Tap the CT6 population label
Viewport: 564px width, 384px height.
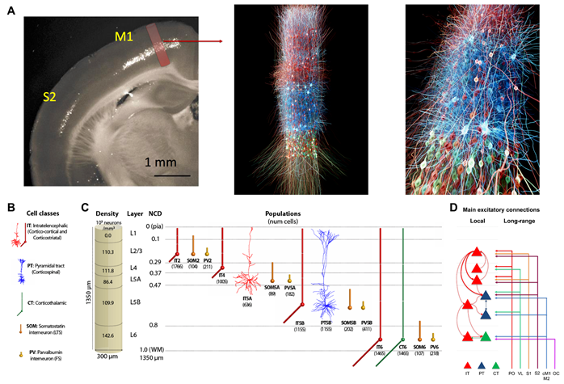402,347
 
